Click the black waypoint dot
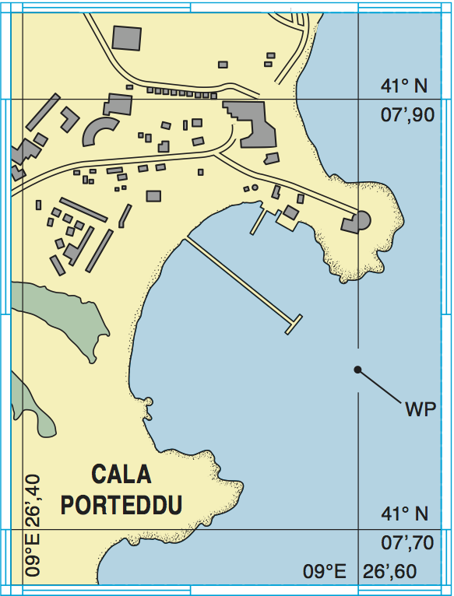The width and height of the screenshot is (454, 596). click(x=357, y=370)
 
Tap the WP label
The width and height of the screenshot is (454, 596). click(x=420, y=409)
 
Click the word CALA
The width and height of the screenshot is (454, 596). click(x=121, y=474)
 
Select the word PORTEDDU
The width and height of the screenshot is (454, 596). click(x=121, y=504)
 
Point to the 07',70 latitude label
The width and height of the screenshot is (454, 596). click(x=406, y=542)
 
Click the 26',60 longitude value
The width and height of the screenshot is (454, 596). click(x=390, y=572)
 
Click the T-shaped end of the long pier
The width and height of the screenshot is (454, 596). click(x=294, y=324)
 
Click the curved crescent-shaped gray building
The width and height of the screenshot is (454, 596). click(x=97, y=131)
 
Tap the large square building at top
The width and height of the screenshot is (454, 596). click(x=128, y=38)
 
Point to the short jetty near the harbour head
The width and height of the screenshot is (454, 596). click(x=259, y=223)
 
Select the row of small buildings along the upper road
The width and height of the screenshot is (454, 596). click(x=182, y=93)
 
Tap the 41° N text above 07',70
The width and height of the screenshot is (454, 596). click(x=405, y=514)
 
